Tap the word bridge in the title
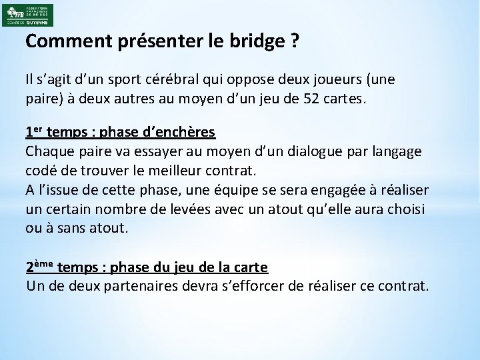pyautogui.click(x=256, y=41)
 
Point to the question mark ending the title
pyautogui.click(x=294, y=41)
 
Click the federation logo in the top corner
pyautogui.click(x=29, y=15)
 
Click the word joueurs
pyautogui.click(x=329, y=80)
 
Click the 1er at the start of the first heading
pyautogui.click(x=33, y=131)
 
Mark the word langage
pyautogui.click(x=393, y=151)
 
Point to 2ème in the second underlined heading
pyautogui.click(x=40, y=267)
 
